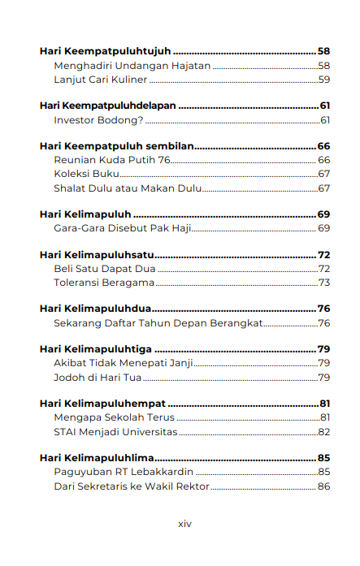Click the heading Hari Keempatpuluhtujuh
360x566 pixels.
(x=105, y=50)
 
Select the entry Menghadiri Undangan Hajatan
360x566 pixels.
(x=132, y=65)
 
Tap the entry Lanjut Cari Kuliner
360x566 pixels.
(x=101, y=80)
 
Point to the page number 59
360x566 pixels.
(x=323, y=80)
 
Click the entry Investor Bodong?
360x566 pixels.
(x=98, y=120)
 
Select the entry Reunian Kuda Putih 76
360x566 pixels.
(x=111, y=160)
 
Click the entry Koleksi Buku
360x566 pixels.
(x=86, y=174)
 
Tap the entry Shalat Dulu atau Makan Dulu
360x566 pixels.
(x=127, y=188)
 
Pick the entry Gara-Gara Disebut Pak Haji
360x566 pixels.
(x=122, y=228)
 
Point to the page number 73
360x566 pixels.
(x=323, y=283)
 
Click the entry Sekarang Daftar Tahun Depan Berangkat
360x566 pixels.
(x=158, y=323)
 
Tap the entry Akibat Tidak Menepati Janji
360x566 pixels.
(x=123, y=363)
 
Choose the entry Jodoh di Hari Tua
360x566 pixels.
(x=98, y=377)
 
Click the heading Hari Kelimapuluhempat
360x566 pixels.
(x=102, y=404)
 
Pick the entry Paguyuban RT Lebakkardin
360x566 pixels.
(x=124, y=472)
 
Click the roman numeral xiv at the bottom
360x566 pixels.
(x=184, y=524)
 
